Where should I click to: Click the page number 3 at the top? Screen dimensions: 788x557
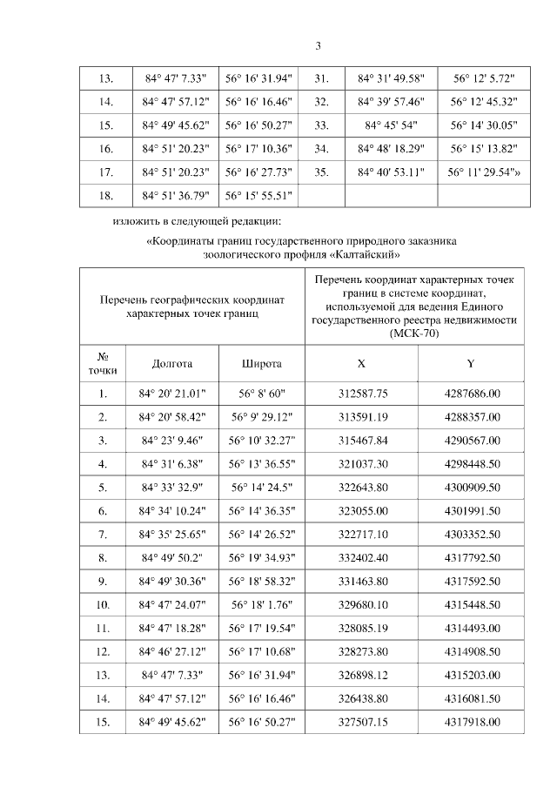318,46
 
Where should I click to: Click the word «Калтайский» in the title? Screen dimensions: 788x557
364,256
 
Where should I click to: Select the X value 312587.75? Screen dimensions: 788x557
362,394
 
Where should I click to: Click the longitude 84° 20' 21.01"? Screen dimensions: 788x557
171,394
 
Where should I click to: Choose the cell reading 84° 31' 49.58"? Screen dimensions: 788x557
391,78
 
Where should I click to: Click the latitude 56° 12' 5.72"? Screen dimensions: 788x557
485,78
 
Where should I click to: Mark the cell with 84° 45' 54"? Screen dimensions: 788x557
391,125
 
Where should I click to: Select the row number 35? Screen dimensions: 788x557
320,172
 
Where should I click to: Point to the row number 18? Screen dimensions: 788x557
106,195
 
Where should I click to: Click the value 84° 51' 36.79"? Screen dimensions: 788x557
171,195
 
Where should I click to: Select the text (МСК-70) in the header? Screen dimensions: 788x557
416,332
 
